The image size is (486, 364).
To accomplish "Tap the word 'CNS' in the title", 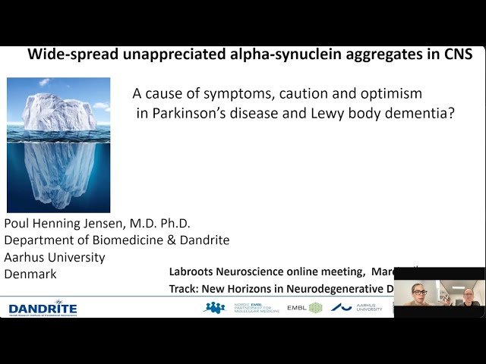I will [456, 55].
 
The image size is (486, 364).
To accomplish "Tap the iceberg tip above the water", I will [58, 112].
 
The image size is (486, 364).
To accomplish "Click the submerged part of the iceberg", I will [58, 171].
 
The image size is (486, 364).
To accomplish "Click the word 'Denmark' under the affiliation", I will [30, 275].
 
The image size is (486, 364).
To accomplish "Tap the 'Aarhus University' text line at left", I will [55, 258].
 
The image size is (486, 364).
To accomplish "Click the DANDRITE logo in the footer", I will [42, 308].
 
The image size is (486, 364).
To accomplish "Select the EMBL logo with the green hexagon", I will [305, 308].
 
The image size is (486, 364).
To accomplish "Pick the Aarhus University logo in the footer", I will [357, 308].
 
